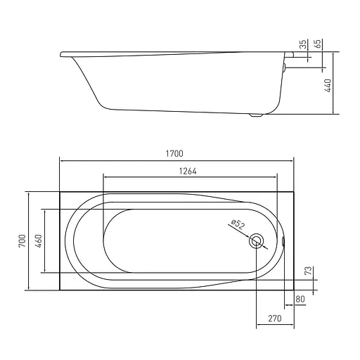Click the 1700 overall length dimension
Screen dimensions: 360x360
point(174,154)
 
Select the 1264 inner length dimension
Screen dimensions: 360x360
point(188,172)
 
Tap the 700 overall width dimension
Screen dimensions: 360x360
point(22,240)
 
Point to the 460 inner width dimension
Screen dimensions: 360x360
point(38,240)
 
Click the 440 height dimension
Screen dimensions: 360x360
point(328,86)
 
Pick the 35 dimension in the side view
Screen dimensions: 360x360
point(304,44)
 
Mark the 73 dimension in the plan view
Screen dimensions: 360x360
point(309,271)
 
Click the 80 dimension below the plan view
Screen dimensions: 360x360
point(300,299)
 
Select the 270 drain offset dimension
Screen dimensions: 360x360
point(275,319)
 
